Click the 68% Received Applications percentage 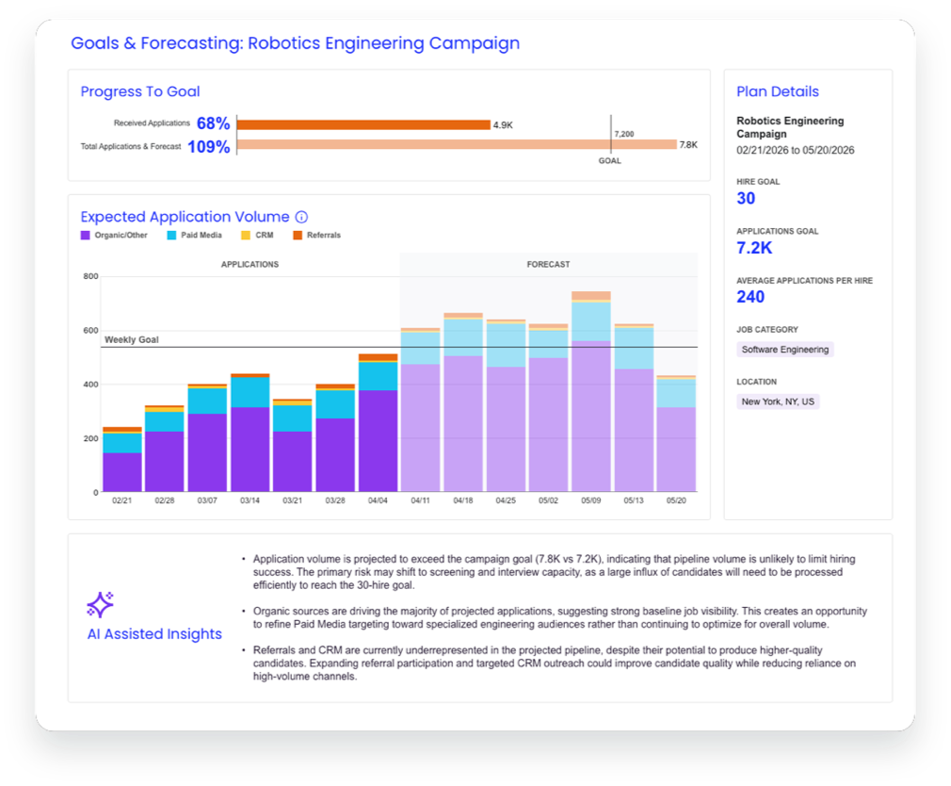coord(213,123)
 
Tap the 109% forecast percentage coord(209,147)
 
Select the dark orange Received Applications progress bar coord(363,124)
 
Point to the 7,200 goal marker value coord(624,134)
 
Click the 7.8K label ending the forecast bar coord(688,145)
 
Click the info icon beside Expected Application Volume coord(301,217)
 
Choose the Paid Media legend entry coord(195,235)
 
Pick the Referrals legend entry coord(317,235)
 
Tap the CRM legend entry coord(257,235)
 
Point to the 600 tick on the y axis coord(91,330)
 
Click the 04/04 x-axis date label coord(378,500)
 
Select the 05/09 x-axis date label coord(591,500)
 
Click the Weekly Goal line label coord(132,340)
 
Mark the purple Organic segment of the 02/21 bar coord(122,472)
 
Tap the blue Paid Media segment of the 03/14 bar coord(250,392)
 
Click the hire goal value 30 coord(746,199)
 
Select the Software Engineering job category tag coord(785,350)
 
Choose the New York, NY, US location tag coord(778,401)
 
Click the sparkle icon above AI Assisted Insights coord(100,604)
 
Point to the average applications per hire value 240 coord(750,297)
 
